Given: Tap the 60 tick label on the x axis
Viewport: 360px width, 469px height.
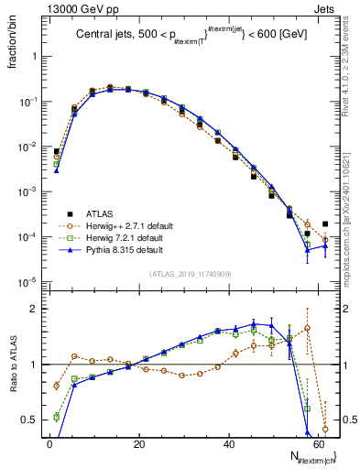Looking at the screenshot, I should [317, 443].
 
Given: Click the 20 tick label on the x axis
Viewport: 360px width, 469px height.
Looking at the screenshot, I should [138, 443].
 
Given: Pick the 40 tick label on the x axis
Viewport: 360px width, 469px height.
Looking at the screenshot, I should [227, 443].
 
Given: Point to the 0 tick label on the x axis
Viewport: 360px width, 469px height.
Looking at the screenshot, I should [49, 443].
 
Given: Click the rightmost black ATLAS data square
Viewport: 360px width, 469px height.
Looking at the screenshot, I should [325, 224].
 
